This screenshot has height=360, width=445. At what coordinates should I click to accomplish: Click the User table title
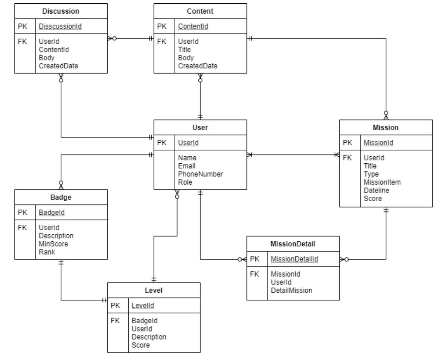tap(200, 128)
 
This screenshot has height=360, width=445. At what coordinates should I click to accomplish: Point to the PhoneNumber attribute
tap(200, 174)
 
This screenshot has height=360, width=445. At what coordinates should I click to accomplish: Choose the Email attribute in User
tap(187, 166)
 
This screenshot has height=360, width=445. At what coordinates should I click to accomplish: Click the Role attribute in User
tap(186, 182)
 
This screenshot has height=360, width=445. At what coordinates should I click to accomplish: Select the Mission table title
tap(386, 128)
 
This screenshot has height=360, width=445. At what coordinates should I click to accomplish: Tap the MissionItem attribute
tap(381, 182)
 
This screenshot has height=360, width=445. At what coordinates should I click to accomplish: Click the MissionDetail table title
tap(293, 244)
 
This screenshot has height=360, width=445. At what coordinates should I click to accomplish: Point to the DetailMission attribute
tap(291, 290)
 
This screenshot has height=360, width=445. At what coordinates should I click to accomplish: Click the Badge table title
tap(61, 197)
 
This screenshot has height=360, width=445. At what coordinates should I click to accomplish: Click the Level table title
tap(154, 290)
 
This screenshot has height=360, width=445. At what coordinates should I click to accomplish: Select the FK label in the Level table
tap(115, 320)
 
